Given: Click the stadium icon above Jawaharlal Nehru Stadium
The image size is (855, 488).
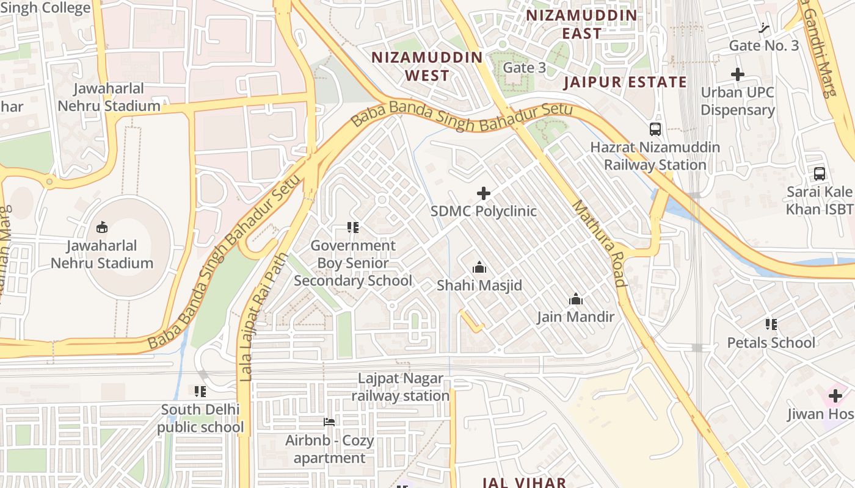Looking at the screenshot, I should pos(102,228).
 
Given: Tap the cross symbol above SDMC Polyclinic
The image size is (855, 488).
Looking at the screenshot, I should pos(483,194).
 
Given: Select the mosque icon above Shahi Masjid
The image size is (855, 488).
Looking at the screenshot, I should pos(479,267).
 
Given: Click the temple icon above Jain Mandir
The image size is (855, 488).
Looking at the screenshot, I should pos(575,299).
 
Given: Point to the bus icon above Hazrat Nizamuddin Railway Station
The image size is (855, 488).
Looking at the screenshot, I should pos(655,129).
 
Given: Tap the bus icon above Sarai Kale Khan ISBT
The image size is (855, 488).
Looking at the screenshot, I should pos(820,174).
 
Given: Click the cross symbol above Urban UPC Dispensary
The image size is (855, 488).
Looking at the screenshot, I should pos(738,75).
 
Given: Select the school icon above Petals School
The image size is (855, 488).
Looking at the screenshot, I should pos(771,325).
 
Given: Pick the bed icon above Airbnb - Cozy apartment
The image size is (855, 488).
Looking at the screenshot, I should pos(329,422).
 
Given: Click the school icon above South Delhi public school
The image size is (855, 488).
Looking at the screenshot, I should pos(200,391).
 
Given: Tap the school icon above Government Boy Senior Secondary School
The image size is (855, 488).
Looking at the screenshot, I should pos(352,228).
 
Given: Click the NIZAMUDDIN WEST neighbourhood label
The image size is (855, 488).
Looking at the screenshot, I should pos(428,66).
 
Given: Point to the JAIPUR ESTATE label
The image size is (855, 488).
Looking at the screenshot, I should pos(625,82).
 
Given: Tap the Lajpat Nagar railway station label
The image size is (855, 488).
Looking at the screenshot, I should pos(401,387).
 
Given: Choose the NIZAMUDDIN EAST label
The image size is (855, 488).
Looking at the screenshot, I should pos(581,24).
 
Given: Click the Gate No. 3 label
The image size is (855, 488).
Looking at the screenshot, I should pos(763,46).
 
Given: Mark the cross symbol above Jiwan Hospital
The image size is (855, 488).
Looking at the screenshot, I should pos(835,396).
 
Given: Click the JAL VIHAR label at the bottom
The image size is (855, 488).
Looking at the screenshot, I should pos(524,482).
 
